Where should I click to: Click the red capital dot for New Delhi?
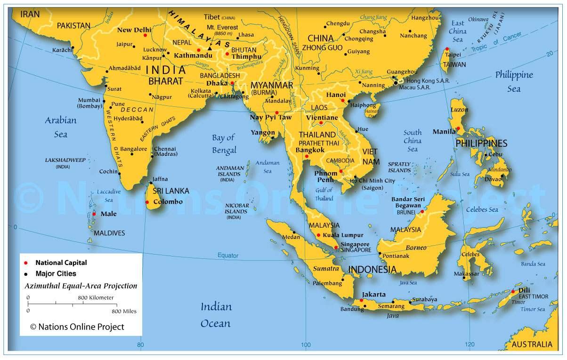(x=145, y=35)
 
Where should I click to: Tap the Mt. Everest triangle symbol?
(x=210, y=48)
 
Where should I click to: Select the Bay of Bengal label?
(x=224, y=144)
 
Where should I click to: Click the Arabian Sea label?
(x=60, y=127)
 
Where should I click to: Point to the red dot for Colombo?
(x=147, y=202)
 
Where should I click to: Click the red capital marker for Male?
(x=94, y=214)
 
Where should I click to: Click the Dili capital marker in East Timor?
(x=513, y=292)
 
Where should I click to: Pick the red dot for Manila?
(x=458, y=128)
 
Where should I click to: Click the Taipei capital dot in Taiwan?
(x=447, y=49)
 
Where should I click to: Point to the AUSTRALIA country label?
(x=532, y=344)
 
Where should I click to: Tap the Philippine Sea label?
(x=514, y=81)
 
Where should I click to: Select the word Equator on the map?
(x=227, y=256)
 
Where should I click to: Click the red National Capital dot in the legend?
(x=27, y=263)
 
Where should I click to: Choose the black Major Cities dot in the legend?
(x=27, y=273)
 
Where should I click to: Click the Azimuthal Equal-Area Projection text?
(x=81, y=286)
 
